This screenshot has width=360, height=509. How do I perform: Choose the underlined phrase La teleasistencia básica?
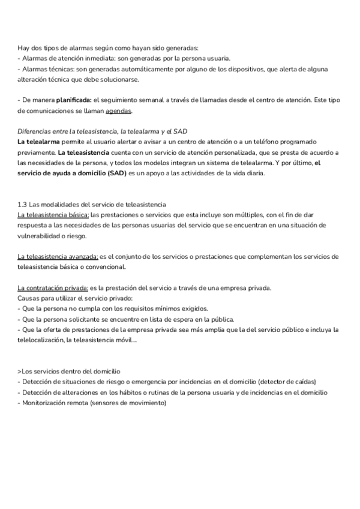53,214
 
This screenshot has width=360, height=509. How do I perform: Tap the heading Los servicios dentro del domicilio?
70,372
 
